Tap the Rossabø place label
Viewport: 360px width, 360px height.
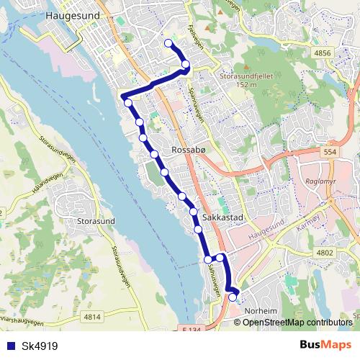pyautogui.click(x=191, y=150)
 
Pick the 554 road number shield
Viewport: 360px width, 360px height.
pyautogui.click(x=330, y=153)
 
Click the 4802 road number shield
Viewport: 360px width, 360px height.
pyautogui.click(x=325, y=252)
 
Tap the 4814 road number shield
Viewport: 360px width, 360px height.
pyautogui.click(x=92, y=316)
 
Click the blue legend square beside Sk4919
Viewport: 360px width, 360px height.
pyautogui.click(x=12, y=345)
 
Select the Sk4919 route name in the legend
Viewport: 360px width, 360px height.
pyautogui.click(x=40, y=345)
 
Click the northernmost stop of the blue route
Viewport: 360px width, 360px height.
pyautogui.click(x=169, y=44)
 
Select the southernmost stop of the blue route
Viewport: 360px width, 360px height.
pyautogui.click(x=232, y=297)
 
